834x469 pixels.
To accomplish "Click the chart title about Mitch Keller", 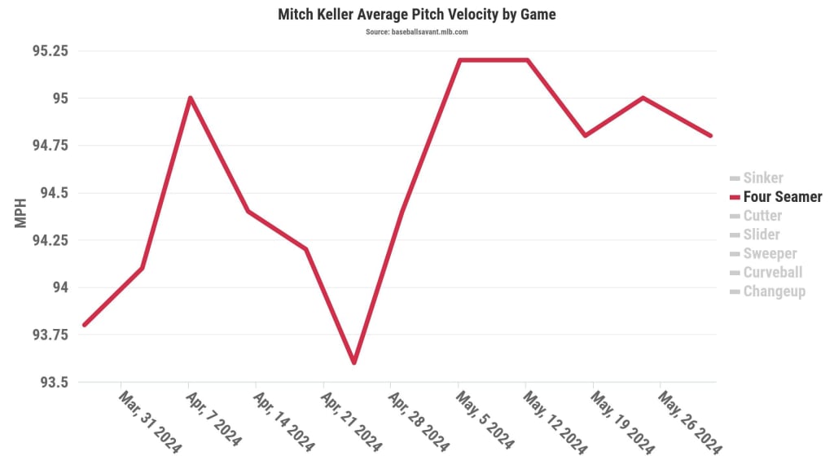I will point(417,15).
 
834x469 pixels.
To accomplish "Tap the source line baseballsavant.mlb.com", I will point(417,32).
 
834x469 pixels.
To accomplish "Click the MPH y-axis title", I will point(22,212).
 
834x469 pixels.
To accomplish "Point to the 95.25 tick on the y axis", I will point(50,50).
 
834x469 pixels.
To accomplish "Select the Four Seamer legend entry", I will point(782,197).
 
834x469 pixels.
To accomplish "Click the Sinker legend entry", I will point(762,178).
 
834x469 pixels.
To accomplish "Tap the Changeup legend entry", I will point(774,291).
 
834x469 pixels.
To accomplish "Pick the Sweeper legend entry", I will point(770,253).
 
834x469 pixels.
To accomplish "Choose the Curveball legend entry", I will point(772,273).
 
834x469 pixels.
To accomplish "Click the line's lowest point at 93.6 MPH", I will point(354,362).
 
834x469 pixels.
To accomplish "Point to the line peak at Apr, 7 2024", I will point(190,99).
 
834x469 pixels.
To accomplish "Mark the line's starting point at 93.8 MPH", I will point(85,325).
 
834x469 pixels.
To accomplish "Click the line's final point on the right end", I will point(710,135).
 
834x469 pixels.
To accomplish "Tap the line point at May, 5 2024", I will point(459,60).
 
